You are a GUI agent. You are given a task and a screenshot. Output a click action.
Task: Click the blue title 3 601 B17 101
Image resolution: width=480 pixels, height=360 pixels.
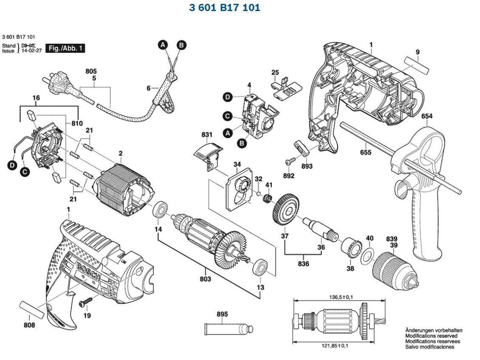[224, 7]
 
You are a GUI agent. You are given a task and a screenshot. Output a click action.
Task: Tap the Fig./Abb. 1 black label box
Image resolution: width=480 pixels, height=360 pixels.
[65, 48]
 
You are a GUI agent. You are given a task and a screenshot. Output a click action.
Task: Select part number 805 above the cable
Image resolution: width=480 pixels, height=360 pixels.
[91, 71]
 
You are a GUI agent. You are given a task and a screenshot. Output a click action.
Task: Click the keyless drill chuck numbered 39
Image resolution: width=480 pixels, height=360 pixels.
[395, 271]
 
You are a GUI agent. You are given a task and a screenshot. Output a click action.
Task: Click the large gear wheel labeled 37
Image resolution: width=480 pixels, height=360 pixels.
[285, 210]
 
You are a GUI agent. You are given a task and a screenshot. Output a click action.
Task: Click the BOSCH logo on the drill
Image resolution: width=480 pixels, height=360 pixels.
[88, 271]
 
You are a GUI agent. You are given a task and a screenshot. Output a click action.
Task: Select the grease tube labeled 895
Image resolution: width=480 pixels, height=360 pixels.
[229, 329]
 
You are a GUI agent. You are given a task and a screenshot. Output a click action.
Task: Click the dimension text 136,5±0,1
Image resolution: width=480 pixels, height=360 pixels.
[341, 297]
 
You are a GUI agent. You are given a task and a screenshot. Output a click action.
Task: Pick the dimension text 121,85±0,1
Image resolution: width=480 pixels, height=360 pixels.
[335, 346]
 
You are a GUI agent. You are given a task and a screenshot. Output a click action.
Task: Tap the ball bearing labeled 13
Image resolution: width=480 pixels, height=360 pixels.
[260, 267]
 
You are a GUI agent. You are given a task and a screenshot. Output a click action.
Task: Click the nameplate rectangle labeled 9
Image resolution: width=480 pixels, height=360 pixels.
[417, 65]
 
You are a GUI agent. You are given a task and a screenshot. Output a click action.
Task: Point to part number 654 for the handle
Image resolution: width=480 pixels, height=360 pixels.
[427, 116]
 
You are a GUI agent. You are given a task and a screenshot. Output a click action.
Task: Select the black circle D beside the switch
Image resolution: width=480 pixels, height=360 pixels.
[227, 97]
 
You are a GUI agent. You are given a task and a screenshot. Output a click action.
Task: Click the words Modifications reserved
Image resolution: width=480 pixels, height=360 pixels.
[431, 336]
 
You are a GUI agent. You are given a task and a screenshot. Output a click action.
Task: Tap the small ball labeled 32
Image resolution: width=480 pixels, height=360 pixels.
[259, 193]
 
